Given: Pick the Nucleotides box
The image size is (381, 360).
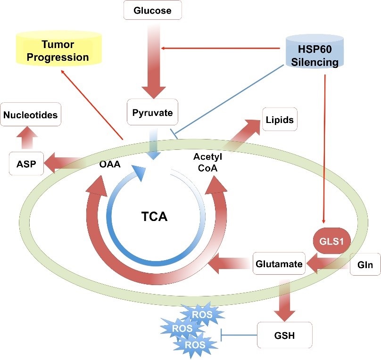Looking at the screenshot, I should point(31,115).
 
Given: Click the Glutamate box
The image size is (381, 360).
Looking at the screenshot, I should point(279,264).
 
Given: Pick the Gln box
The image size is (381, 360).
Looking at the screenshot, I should point(365,265).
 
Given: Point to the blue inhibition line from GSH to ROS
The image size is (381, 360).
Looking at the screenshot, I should point(239,335).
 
